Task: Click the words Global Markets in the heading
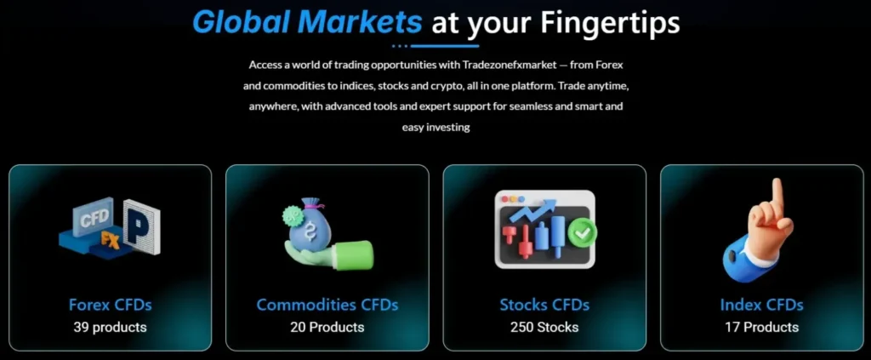306,21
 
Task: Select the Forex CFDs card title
110,305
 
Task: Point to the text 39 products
110,327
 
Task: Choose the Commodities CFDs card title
327,305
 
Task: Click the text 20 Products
327,327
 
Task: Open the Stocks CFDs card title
544,305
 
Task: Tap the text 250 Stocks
544,327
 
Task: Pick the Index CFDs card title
761,305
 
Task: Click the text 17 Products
761,327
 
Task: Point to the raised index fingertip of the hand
776,186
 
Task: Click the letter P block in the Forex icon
140,226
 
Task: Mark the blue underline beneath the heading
435,45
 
